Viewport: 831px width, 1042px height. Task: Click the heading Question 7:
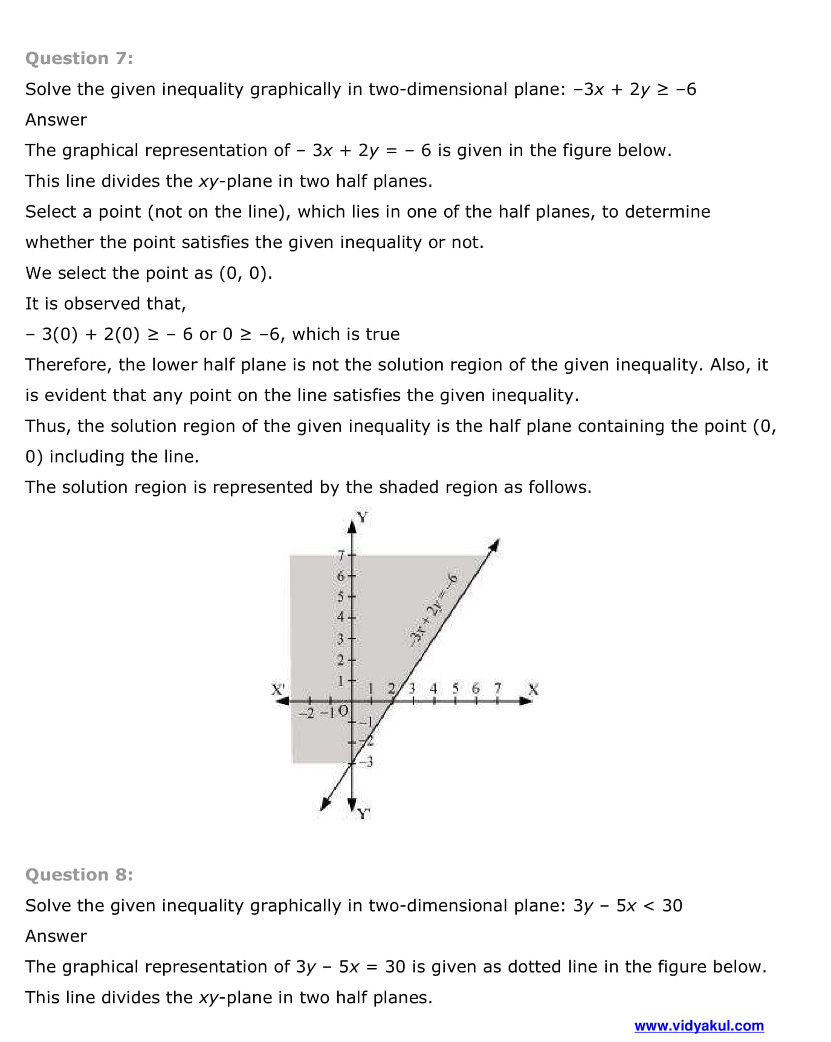(x=79, y=58)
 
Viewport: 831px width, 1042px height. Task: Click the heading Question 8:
(x=79, y=874)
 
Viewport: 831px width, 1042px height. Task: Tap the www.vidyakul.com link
(x=699, y=1026)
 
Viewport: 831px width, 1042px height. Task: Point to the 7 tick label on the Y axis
(x=341, y=555)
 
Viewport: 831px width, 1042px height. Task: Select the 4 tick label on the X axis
(x=433, y=688)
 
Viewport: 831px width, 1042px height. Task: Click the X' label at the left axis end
(x=278, y=689)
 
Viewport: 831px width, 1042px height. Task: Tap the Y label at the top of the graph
(x=362, y=517)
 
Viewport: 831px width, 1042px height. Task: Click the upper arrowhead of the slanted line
(x=495, y=544)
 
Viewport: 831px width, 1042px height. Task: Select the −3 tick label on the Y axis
(x=367, y=761)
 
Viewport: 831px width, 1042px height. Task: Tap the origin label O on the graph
(x=343, y=711)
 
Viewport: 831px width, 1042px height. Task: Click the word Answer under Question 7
(x=56, y=120)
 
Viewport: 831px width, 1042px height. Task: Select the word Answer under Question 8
(x=56, y=936)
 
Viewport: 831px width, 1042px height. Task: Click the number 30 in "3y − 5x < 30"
(x=672, y=905)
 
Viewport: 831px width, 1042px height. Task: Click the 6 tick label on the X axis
(x=476, y=688)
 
